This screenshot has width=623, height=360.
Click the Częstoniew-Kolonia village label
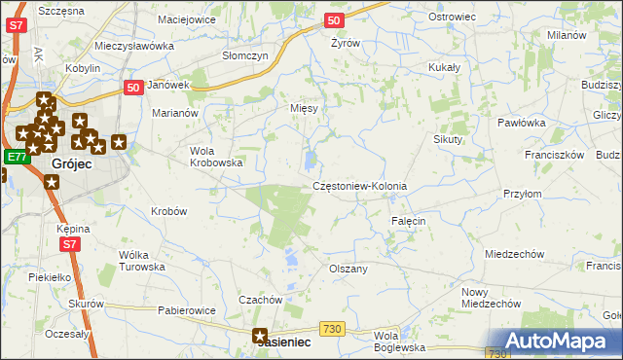click(359, 186)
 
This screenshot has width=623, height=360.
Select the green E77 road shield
click(16, 157)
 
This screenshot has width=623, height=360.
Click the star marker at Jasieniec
click(261, 337)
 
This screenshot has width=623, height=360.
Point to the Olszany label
click(348, 269)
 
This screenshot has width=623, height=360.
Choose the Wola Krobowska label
click(215, 157)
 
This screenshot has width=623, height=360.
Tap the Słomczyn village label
click(244, 55)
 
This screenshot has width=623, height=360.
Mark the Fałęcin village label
click(409, 222)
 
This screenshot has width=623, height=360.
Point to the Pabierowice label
click(186, 311)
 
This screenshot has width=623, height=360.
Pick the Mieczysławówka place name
click(134, 46)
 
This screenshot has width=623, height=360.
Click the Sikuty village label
click(449, 139)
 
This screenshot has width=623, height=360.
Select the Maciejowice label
click(187, 18)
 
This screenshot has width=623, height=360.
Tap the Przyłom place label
click(523, 194)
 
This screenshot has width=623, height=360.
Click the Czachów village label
click(260, 300)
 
